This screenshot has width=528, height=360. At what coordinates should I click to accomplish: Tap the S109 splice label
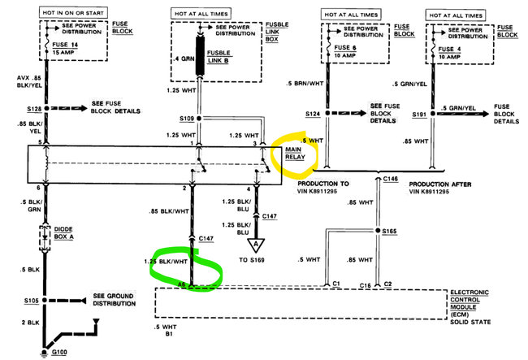[x=187, y=119]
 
